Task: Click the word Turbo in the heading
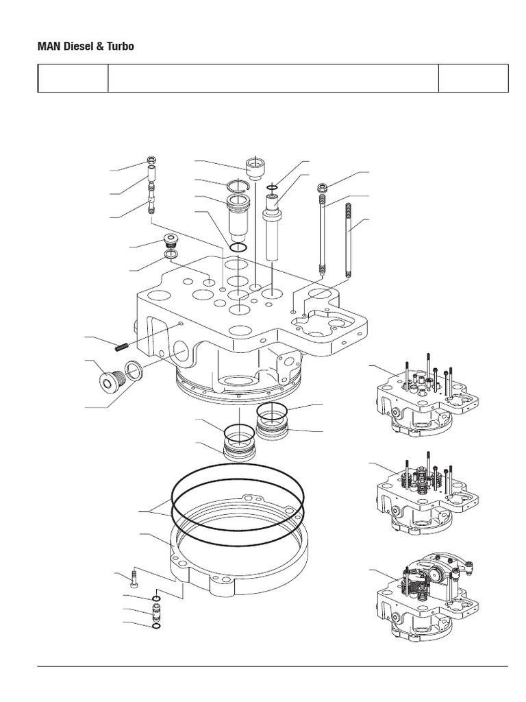pyautogui.click(x=119, y=47)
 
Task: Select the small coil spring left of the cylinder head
pyautogui.click(x=123, y=347)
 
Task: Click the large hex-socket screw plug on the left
pyautogui.click(x=108, y=379)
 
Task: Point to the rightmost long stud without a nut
pyautogui.click(x=349, y=240)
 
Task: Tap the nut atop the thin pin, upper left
pyautogui.click(x=151, y=162)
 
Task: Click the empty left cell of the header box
pyautogui.click(x=73, y=78)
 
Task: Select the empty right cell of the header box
pyautogui.click(x=473, y=78)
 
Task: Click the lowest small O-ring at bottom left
pyautogui.click(x=156, y=626)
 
